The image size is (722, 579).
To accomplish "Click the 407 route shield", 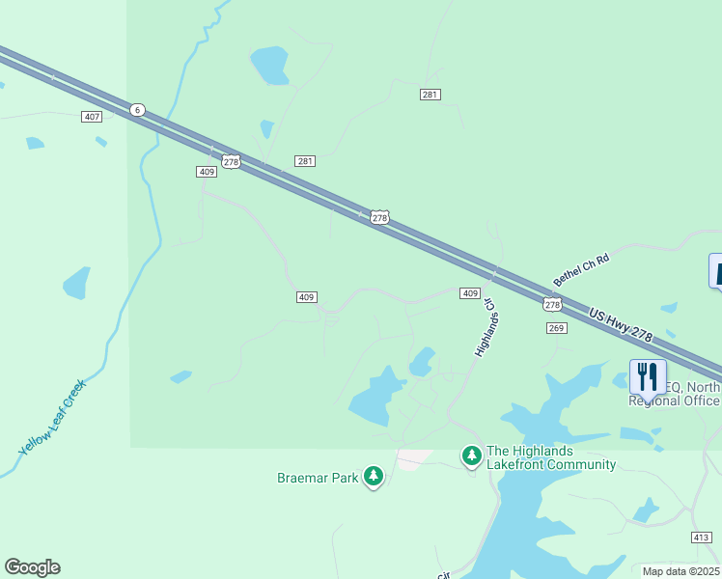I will tap(92, 117).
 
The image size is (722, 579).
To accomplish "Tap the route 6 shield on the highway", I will tap(137, 110).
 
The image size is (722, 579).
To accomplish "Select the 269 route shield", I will tap(556, 328).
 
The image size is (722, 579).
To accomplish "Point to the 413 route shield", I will tap(702, 537).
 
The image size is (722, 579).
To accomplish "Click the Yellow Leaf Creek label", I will tap(53, 417).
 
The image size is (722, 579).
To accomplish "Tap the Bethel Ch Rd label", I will tap(581, 269).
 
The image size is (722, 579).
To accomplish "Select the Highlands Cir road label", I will tap(484, 329).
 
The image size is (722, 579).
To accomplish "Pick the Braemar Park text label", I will tap(318, 477).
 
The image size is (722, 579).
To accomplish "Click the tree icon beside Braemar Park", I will tap(373, 476).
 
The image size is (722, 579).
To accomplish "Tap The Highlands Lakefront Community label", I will tap(551, 457).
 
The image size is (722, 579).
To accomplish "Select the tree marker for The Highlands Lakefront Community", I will tap(471, 455).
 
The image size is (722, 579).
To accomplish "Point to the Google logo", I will tap(32, 567).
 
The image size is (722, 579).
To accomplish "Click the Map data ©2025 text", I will tap(680, 571).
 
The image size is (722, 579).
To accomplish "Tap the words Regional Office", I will tap(675, 400).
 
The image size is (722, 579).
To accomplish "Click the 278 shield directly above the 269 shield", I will tap(551, 305).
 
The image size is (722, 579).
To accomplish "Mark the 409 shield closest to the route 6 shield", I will tap(206, 171).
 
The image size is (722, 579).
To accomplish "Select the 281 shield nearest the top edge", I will tap(430, 94).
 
